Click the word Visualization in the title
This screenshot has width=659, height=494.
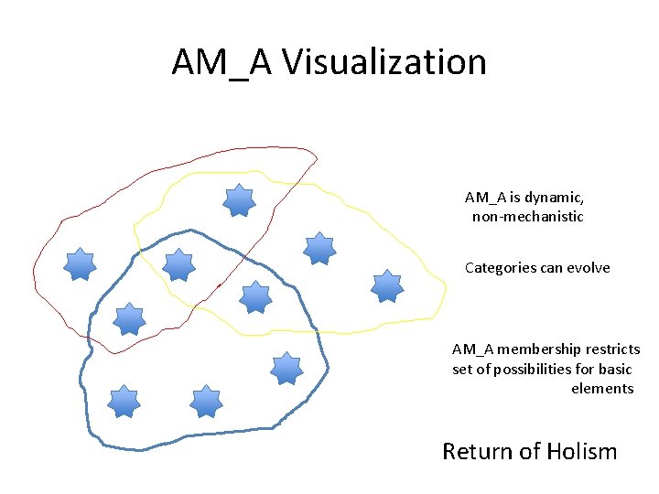point(384,62)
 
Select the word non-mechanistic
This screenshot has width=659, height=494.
point(527,217)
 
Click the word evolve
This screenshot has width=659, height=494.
point(589,268)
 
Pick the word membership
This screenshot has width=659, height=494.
point(536,349)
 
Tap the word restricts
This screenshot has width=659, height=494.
point(610,349)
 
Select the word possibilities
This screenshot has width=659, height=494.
point(535,369)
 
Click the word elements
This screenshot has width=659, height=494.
point(602,389)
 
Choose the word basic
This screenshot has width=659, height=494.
point(615,369)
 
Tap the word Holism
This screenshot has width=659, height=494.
point(582,451)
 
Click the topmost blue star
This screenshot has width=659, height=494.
point(239,200)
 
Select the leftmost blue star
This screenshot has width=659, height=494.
point(81,263)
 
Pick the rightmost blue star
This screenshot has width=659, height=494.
point(387,285)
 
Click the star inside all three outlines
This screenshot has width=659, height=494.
point(178,264)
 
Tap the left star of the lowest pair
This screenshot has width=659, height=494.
point(124,402)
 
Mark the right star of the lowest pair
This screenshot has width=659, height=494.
point(206,401)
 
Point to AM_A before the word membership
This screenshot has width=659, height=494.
point(473,349)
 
